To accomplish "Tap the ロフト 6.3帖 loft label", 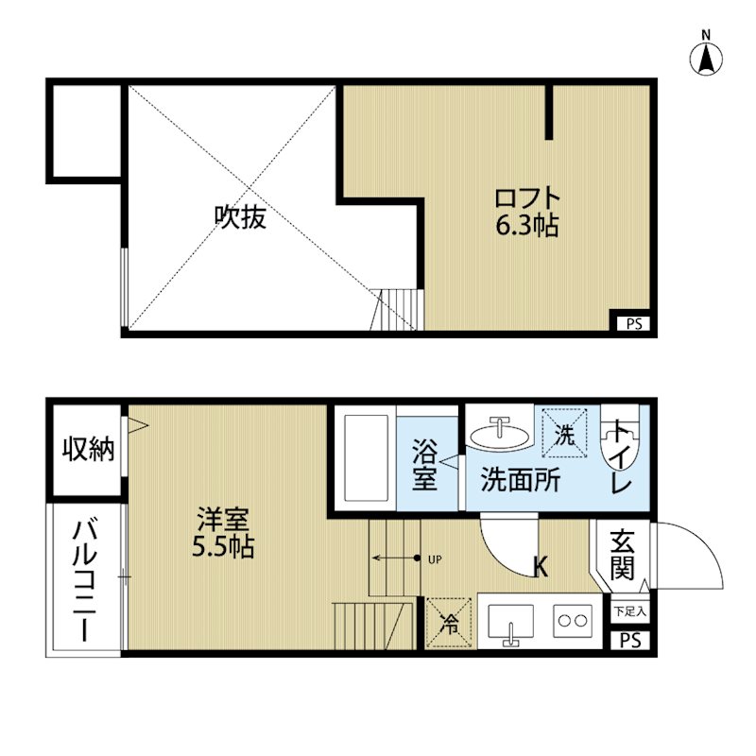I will click(x=528, y=212).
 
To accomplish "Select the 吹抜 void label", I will click(x=239, y=217).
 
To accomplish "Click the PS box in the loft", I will click(x=631, y=323).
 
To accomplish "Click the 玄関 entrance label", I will click(x=621, y=556).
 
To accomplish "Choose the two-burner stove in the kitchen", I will click(x=571, y=622).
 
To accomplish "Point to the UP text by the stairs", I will click(x=436, y=558).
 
